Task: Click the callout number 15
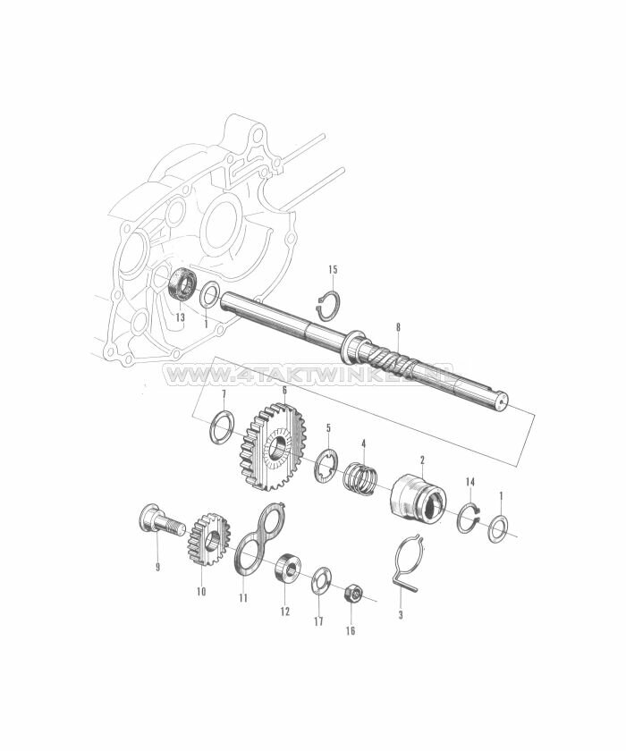tap(333, 269)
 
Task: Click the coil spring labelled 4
tap(360, 477)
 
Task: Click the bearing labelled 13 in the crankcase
tap(184, 284)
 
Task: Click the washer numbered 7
tap(222, 427)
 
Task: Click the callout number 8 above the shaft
tap(398, 327)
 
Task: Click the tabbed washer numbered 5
tap(326, 464)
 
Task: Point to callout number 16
tap(351, 630)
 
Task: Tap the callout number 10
tap(200, 592)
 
